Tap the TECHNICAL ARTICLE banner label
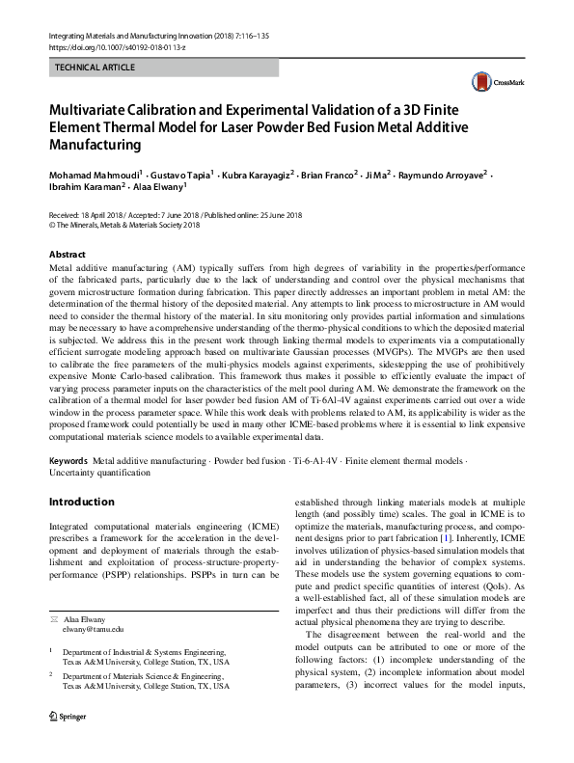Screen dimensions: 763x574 96,68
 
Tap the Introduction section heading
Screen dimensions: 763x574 81,503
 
